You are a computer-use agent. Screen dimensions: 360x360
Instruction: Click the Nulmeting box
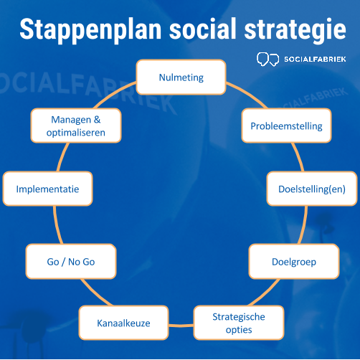(181, 77)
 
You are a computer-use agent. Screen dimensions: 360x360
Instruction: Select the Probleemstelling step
(286, 125)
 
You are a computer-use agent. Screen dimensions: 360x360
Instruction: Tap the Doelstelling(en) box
(312, 189)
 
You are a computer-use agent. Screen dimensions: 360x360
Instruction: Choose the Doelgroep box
(294, 261)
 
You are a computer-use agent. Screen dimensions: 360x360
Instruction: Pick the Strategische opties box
(239, 323)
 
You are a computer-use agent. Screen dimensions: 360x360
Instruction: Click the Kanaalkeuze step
(123, 323)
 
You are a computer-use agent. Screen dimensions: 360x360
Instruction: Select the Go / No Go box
(71, 261)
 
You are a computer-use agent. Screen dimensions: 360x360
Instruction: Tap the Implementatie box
(47, 189)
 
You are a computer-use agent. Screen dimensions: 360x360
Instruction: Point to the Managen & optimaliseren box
(76, 125)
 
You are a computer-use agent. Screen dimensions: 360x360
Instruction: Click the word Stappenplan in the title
(90, 30)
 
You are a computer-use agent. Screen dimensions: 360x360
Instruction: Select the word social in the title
(203, 29)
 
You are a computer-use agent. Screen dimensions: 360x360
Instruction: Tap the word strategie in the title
(295, 30)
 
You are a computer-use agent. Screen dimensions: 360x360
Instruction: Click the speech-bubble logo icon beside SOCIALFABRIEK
(267, 59)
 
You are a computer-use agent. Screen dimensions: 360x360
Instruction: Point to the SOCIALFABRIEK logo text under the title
(315, 59)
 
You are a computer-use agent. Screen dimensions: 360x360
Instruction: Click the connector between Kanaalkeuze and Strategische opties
(181, 326)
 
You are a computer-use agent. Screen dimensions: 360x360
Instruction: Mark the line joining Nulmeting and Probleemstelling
(247, 94)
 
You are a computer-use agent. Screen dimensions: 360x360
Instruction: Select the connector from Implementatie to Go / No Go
(57, 225)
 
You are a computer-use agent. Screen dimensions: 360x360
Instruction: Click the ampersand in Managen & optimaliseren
(97, 119)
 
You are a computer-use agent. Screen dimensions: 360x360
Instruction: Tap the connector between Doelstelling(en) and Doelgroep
(303, 225)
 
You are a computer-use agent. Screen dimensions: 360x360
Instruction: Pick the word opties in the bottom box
(239, 330)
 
